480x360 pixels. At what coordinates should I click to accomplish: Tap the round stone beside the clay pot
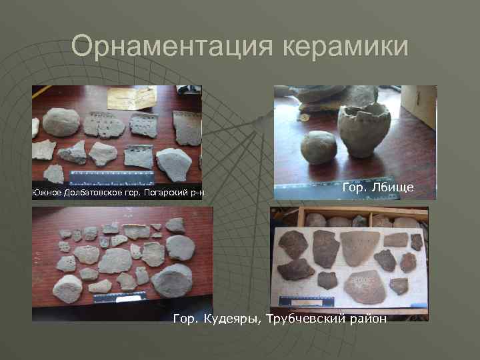click(319, 147)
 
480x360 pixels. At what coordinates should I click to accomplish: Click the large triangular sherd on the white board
click(360, 247)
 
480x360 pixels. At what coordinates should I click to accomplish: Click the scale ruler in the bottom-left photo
click(120, 297)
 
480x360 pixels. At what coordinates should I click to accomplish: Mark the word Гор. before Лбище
click(354, 189)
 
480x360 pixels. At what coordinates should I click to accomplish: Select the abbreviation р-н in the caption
click(195, 193)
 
